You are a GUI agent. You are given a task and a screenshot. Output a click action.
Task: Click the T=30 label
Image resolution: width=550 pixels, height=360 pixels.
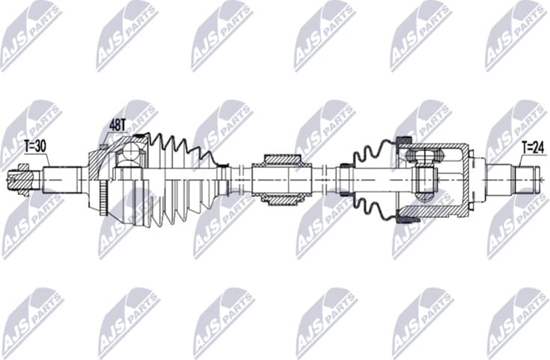[34, 145]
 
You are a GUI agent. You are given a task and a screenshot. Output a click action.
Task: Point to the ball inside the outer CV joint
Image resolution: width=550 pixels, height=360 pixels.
[132, 153]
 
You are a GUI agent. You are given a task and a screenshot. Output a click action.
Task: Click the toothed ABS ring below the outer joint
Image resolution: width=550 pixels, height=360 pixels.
[103, 197]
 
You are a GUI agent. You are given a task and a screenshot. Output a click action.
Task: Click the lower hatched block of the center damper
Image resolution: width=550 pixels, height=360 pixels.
[281, 198]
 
